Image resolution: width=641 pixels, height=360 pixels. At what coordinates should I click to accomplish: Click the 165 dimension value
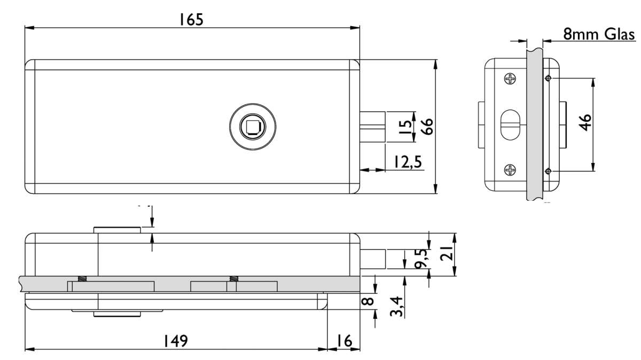pos(191,20)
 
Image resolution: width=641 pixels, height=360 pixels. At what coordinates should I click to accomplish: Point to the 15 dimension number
pos(406,126)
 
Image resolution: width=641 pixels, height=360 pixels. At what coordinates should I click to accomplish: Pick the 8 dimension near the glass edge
pos(369,300)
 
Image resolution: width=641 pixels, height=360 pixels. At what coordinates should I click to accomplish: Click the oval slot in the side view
pos(511,125)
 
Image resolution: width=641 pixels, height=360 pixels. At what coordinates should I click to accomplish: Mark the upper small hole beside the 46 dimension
pos(548,79)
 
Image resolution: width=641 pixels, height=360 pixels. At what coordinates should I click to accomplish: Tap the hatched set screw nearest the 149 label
pos(83,278)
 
